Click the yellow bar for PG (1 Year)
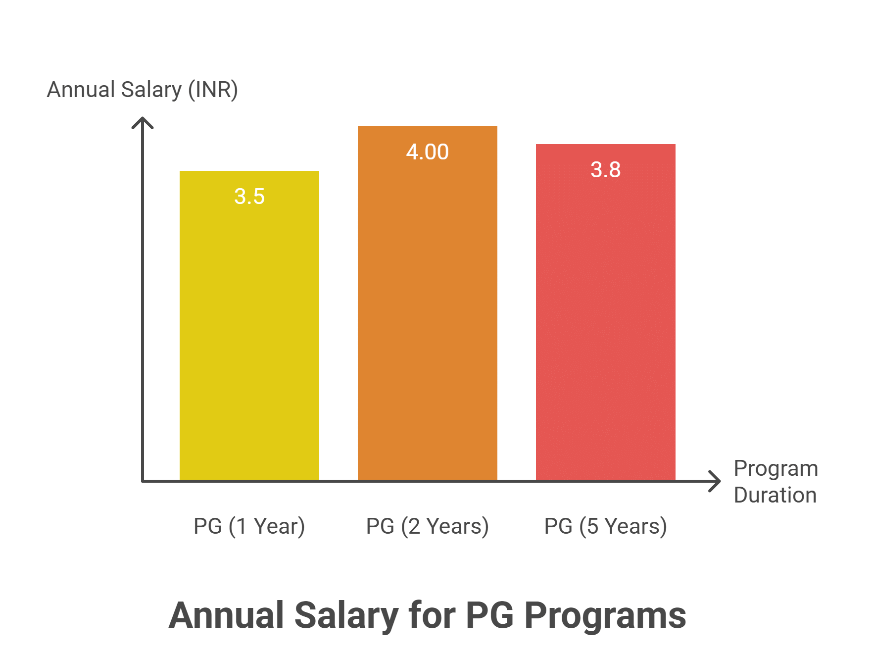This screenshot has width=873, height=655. click(x=249, y=327)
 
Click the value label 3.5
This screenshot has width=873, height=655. click(x=249, y=197)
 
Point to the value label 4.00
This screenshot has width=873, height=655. click(x=427, y=152)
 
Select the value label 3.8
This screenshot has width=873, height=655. click(x=605, y=170)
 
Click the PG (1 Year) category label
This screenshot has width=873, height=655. click(x=249, y=526)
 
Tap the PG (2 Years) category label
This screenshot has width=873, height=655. click(x=427, y=526)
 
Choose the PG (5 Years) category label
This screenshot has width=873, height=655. click(x=605, y=526)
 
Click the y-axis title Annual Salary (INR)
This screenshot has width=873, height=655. click(x=142, y=90)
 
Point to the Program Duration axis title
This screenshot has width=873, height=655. click(x=775, y=481)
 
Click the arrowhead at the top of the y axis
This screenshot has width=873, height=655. click(x=143, y=121)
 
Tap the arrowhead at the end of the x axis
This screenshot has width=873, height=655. click(x=716, y=481)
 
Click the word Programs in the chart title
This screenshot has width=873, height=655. click(x=605, y=616)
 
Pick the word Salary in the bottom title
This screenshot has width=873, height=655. click(x=346, y=615)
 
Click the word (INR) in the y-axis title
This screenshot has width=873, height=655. click(x=213, y=90)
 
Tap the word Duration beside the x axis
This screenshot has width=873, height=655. click(x=775, y=495)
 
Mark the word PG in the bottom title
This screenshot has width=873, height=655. click(x=489, y=615)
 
